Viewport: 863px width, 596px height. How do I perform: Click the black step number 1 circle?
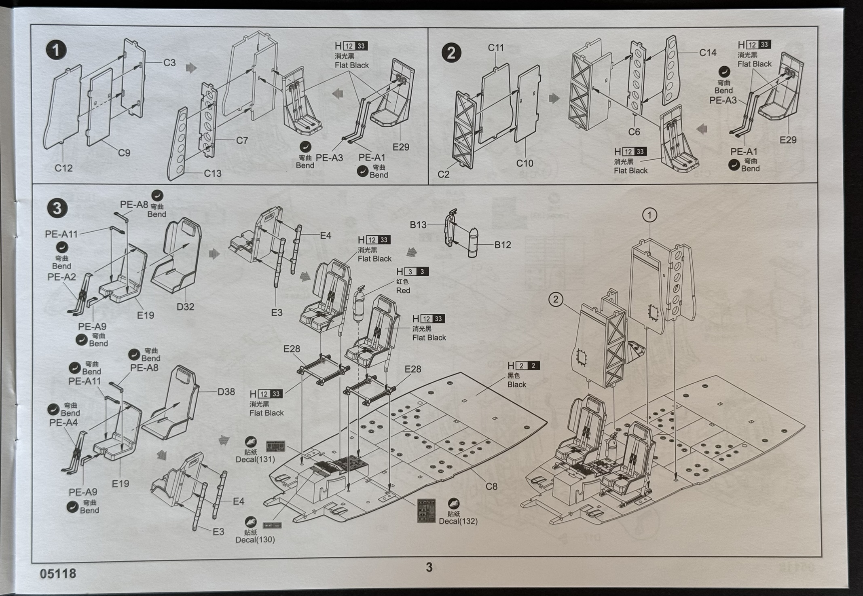click(56, 51)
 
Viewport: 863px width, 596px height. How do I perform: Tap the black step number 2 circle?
click(451, 53)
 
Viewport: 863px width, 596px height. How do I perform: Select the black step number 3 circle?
click(57, 208)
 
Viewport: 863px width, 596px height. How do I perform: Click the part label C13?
click(213, 173)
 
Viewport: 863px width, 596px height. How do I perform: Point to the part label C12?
click(63, 168)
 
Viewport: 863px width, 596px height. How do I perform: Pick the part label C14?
click(708, 53)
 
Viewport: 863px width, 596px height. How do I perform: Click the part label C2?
click(444, 174)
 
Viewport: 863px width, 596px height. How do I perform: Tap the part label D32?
click(185, 307)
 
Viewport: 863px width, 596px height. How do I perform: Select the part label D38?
click(226, 392)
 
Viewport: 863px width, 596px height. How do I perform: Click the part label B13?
click(418, 225)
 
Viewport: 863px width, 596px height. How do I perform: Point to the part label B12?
click(503, 245)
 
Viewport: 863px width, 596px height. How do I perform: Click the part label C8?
click(491, 486)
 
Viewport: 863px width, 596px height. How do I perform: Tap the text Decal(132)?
click(458, 521)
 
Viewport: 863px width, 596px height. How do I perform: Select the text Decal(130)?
click(255, 539)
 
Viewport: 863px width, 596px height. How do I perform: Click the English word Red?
click(403, 290)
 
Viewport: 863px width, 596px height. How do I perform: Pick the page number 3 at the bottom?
click(429, 567)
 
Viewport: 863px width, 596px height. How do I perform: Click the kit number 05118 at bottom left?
click(58, 573)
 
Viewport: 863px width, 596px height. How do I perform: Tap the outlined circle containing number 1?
click(649, 215)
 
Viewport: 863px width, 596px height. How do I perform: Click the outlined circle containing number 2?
click(556, 300)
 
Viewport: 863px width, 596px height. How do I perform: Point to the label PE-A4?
click(63, 423)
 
